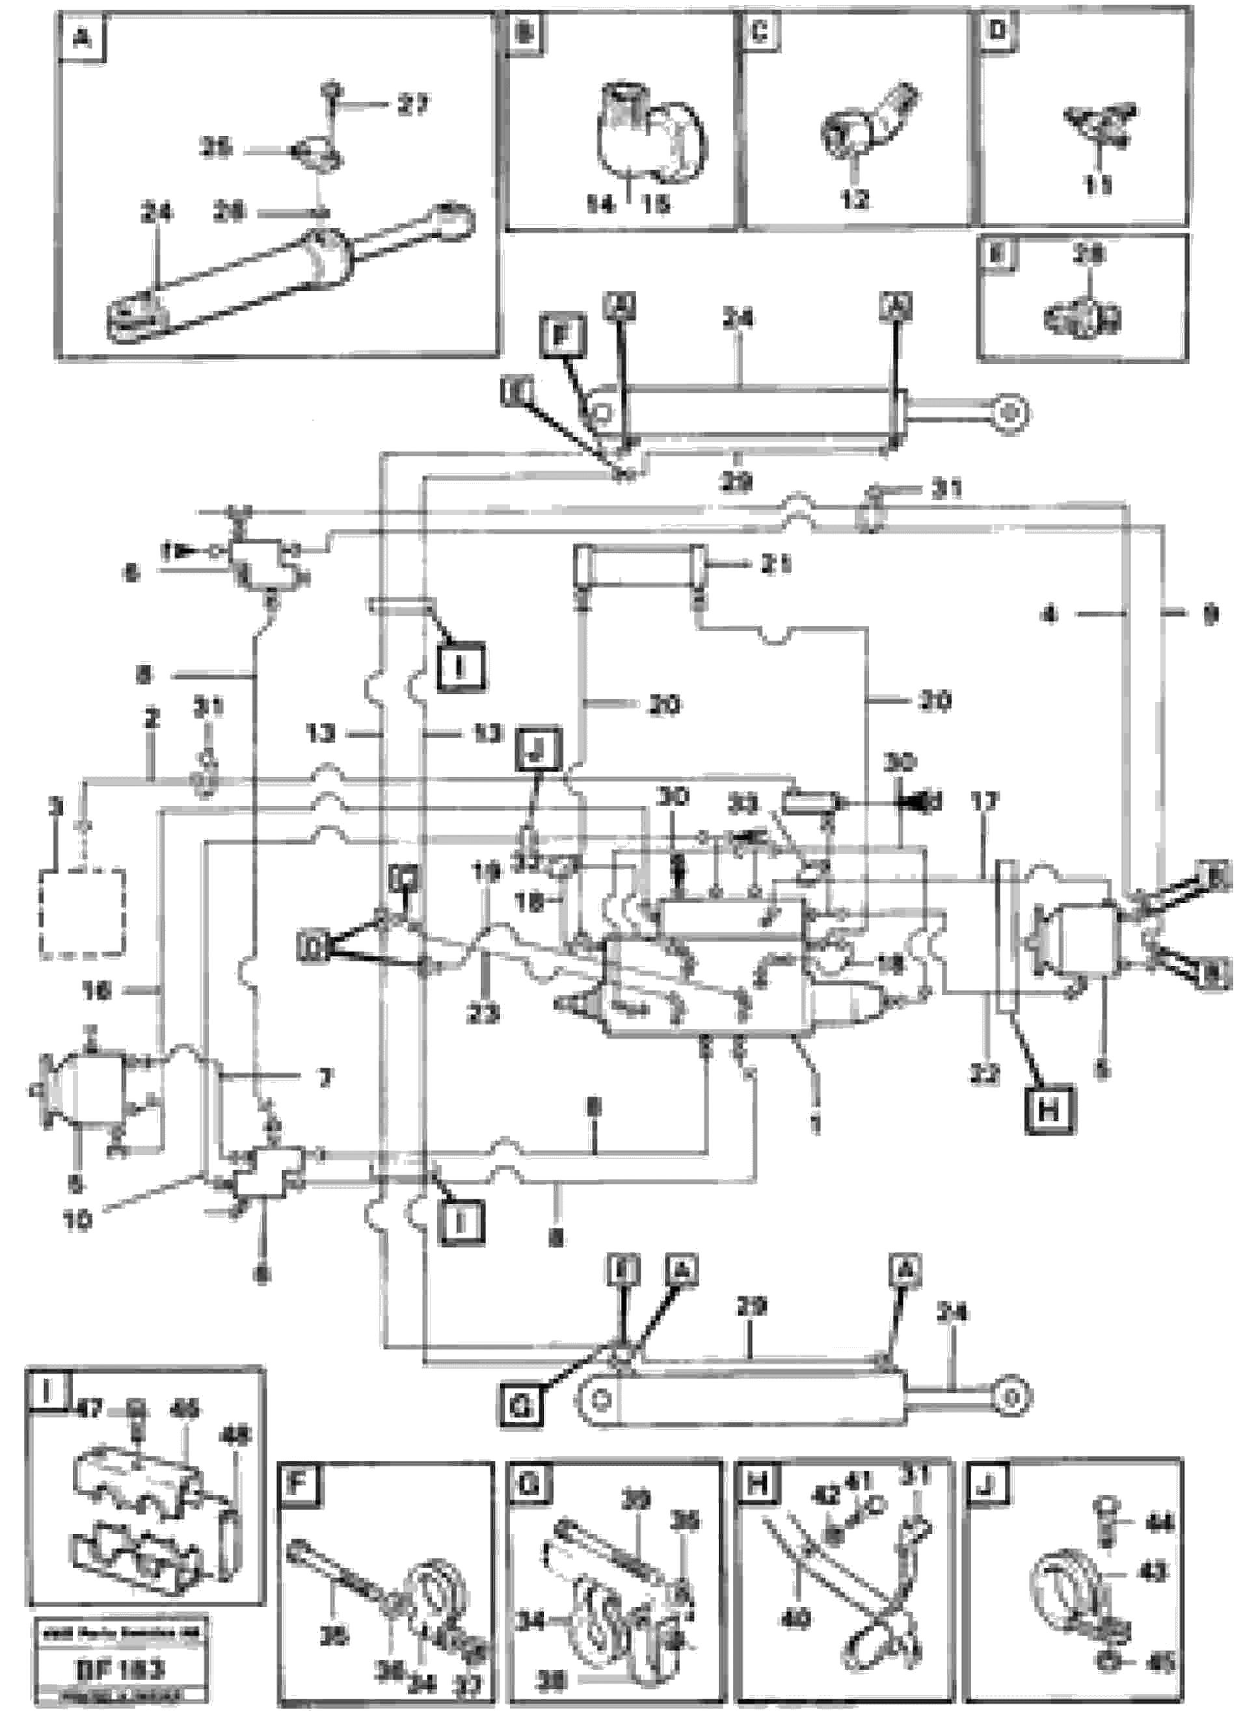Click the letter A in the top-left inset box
coord(83,38)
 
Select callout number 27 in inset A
coord(413,105)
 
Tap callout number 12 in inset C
coord(855,200)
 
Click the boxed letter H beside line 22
coord(1047,1110)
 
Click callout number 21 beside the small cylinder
coord(775,565)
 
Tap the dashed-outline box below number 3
coord(83,911)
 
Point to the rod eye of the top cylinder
coord(1009,413)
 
